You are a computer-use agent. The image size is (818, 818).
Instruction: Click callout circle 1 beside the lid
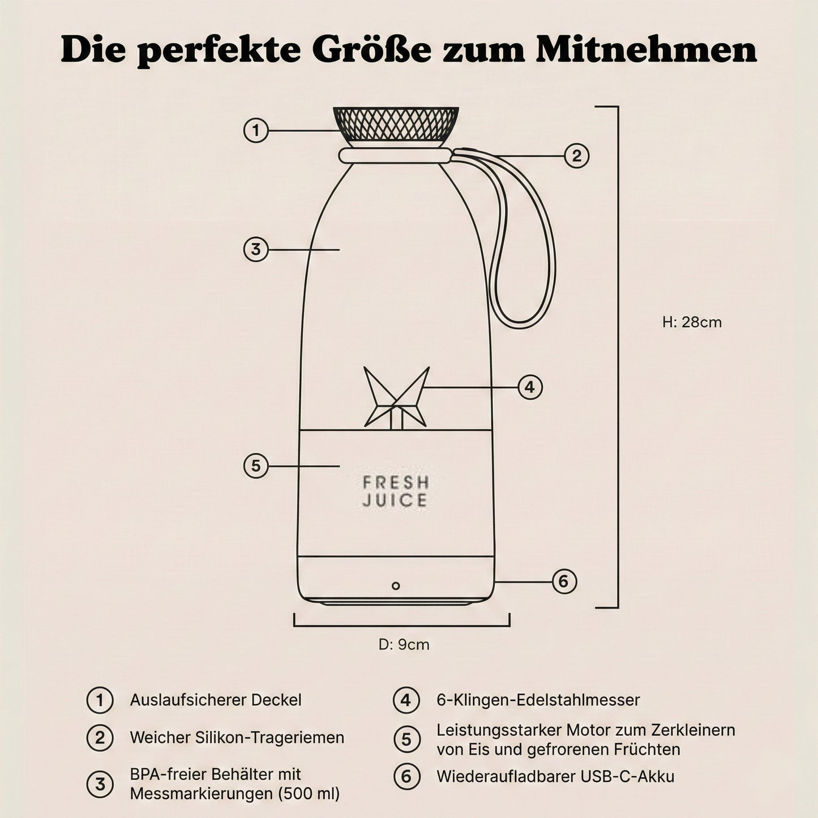(256, 131)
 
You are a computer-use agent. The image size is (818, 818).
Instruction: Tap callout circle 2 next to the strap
(577, 156)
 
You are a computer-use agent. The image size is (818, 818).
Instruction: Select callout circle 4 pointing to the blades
(530, 387)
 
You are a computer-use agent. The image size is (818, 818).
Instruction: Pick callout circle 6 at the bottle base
(564, 581)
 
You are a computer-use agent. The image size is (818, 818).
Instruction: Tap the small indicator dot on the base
(396, 586)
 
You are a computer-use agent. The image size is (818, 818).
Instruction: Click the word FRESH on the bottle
(396, 483)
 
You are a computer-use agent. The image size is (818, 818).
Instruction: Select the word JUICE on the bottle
(395, 501)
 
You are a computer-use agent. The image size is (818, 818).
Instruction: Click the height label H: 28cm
(692, 322)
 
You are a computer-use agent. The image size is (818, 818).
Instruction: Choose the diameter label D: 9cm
(404, 644)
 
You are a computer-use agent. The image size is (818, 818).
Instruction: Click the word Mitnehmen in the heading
(646, 50)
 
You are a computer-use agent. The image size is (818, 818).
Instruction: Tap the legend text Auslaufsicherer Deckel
(216, 700)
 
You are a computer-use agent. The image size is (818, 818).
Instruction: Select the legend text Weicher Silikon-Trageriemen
(237, 738)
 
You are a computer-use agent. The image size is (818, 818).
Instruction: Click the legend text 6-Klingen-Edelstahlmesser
(538, 700)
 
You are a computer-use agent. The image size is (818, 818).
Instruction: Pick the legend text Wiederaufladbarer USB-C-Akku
(555, 776)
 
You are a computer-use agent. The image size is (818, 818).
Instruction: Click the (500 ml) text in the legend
(309, 794)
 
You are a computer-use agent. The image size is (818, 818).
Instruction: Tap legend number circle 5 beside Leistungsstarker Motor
(406, 739)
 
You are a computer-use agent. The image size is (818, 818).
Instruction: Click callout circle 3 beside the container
(256, 249)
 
